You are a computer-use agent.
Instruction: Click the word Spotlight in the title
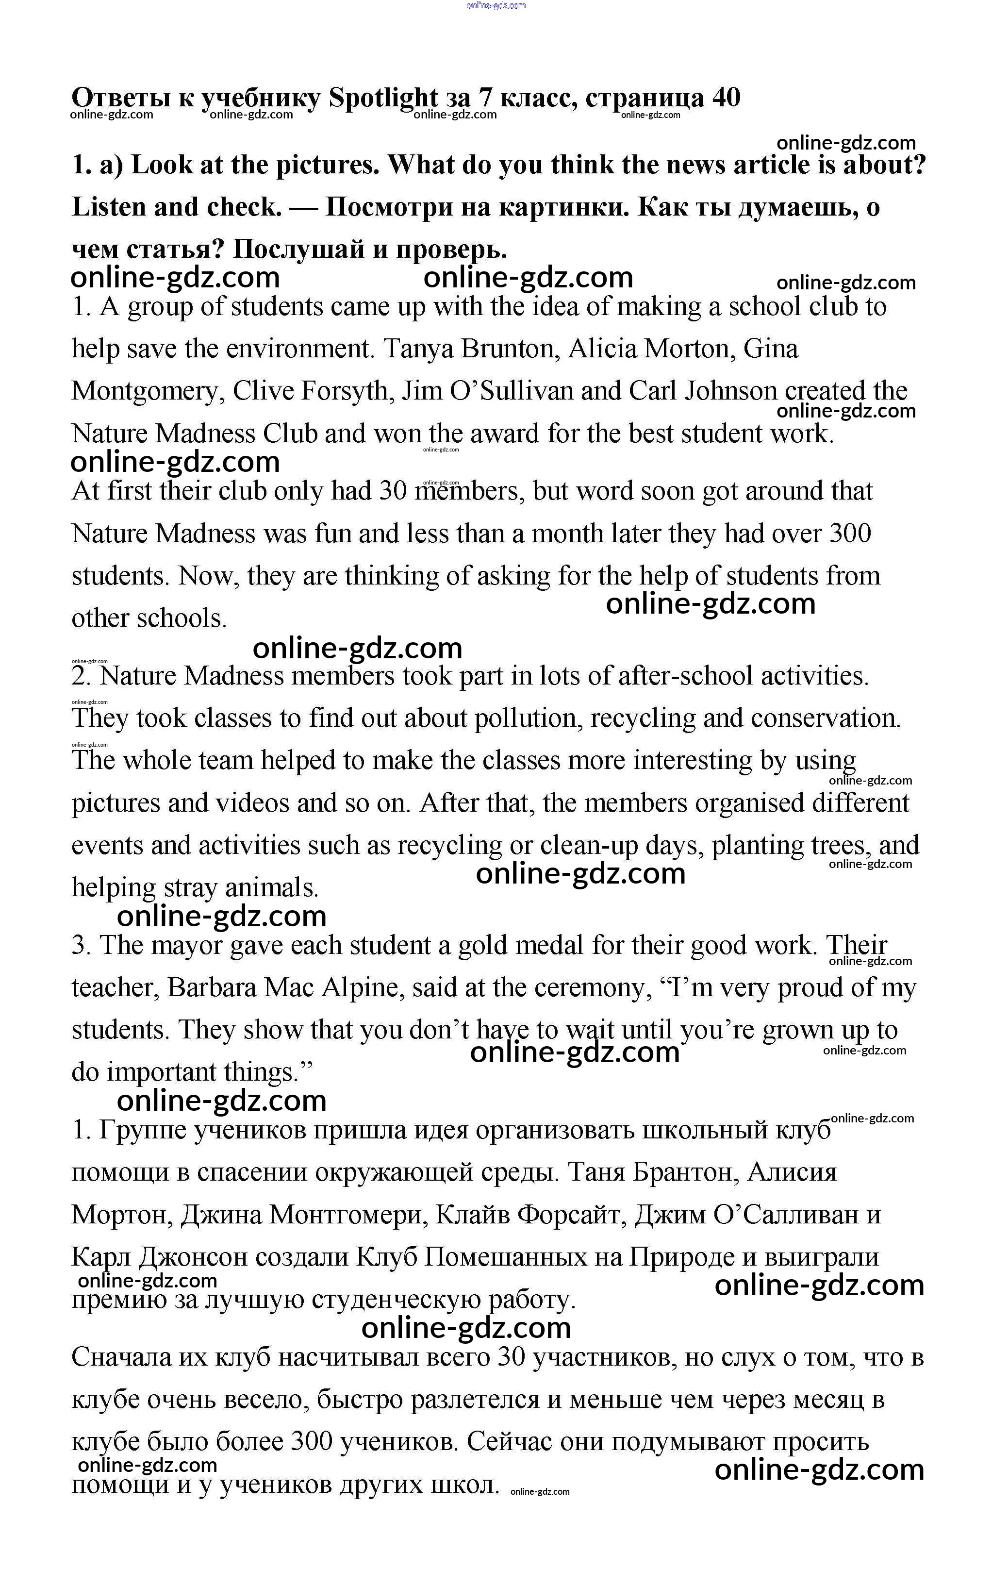click(x=383, y=98)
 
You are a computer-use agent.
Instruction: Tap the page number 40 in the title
click(x=726, y=98)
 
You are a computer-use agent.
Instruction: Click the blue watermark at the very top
click(x=496, y=5)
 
